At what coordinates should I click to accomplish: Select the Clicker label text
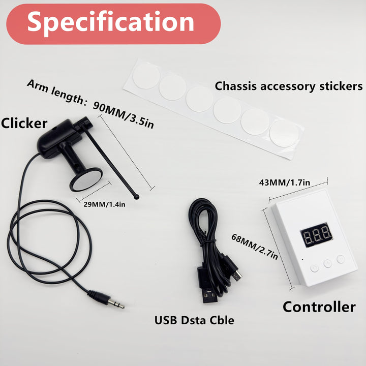pos(24,123)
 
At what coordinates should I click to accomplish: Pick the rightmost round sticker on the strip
pos(284,133)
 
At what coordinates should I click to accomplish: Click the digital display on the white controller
pos(316,233)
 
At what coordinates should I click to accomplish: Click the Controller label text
pos(319,307)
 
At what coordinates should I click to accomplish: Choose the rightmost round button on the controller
pos(340,259)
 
